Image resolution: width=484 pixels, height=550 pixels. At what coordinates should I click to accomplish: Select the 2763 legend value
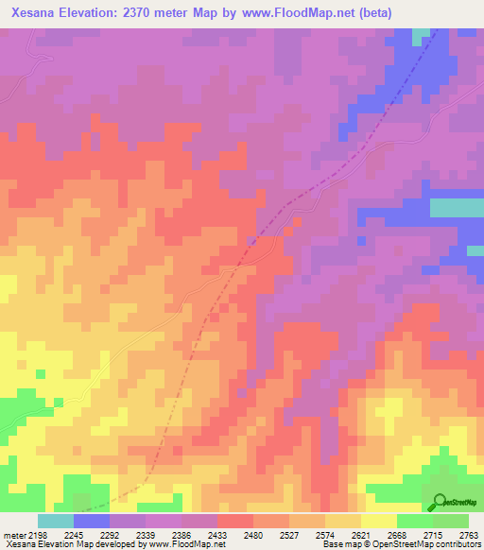pyautogui.click(x=470, y=536)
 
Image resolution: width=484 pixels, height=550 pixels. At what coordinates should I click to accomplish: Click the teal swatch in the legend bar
pyautogui.click(x=55, y=521)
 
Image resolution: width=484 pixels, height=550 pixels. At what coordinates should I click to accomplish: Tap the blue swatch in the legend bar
pyautogui.click(x=91, y=521)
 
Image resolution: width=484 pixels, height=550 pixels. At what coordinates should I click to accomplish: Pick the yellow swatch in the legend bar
pyautogui.click(x=378, y=521)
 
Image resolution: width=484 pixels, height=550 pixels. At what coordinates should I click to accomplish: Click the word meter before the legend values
pyautogui.click(x=14, y=536)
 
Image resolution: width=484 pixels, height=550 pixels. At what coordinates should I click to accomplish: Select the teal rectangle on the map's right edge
pyautogui.click(x=457, y=208)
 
